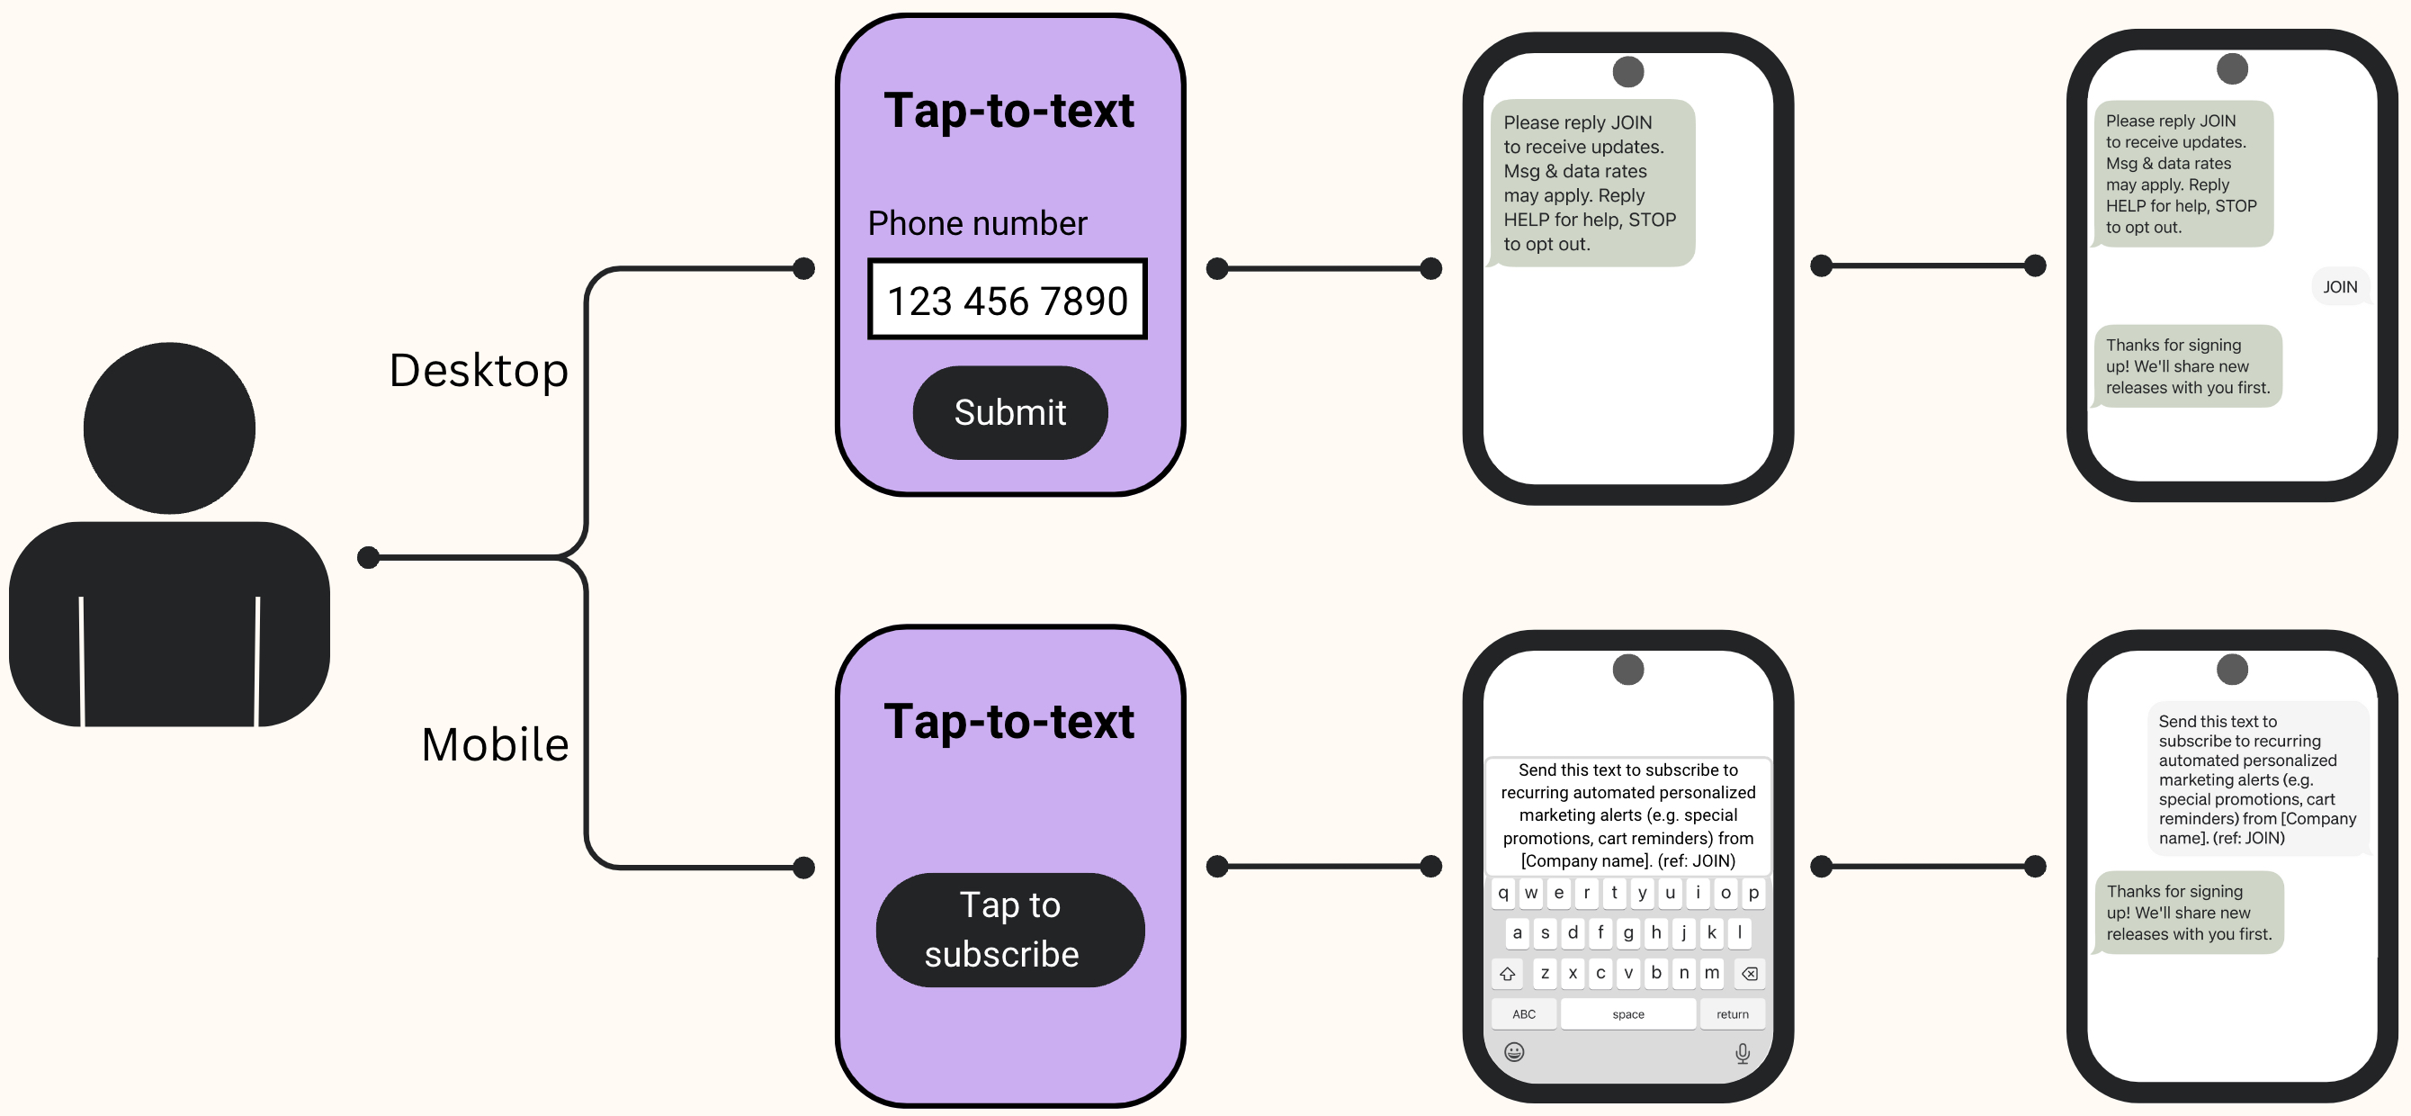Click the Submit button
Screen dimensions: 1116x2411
click(x=1009, y=413)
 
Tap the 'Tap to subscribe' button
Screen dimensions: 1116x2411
click(x=1009, y=929)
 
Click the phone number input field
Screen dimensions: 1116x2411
click(x=1007, y=300)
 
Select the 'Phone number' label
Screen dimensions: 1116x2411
click(x=976, y=224)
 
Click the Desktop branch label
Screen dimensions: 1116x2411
click(x=479, y=371)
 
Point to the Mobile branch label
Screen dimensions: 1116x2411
click(x=494, y=745)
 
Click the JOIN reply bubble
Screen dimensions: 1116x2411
click(x=2339, y=286)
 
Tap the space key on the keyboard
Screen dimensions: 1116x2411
click(x=1627, y=1014)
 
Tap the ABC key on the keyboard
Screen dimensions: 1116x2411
click(x=1524, y=1014)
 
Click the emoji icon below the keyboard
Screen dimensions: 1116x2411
click(x=1513, y=1052)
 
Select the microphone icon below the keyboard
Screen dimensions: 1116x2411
click(x=1742, y=1053)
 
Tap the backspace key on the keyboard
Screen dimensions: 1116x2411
click(x=1748, y=974)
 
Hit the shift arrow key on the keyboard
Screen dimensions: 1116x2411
click(x=1507, y=974)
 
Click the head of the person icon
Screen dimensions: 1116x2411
click(x=169, y=427)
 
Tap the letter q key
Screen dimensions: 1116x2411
click(x=1502, y=893)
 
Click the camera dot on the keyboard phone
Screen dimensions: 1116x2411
click(x=1627, y=670)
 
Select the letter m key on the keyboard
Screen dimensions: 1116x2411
click(x=1711, y=973)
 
